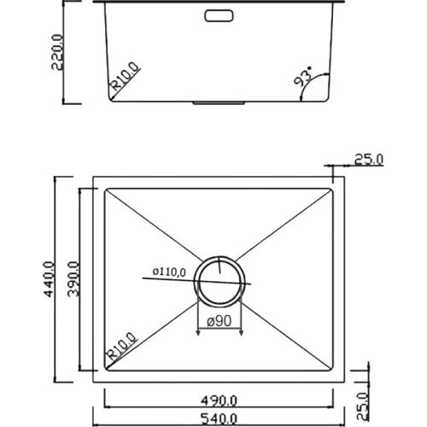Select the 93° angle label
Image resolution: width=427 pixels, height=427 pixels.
pos(303,82)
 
